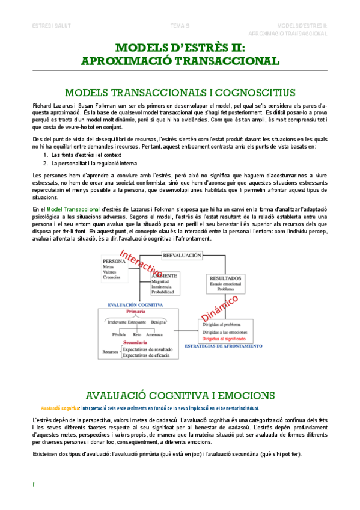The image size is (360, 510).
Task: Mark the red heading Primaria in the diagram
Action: tap(136, 312)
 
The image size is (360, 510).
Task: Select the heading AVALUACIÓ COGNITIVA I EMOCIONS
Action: tap(180, 395)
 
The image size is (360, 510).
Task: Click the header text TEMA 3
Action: tap(180, 26)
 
